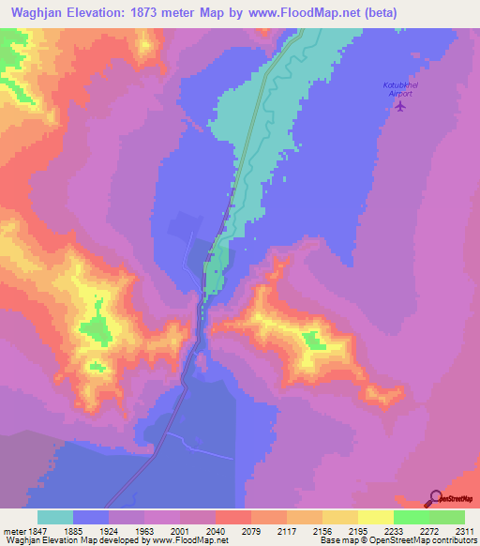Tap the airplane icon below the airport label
click(x=401, y=105)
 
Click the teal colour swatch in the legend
click(x=55, y=517)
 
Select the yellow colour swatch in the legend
click(x=375, y=517)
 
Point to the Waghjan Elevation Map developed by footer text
click(x=75, y=539)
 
